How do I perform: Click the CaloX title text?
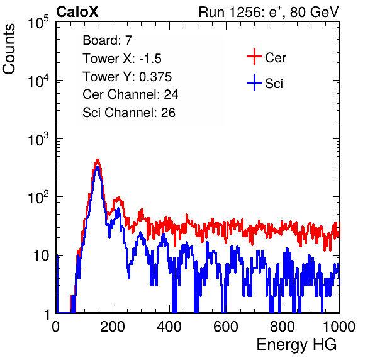[x=77, y=12]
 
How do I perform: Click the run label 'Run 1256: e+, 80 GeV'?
[x=269, y=12]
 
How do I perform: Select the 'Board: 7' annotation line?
[x=107, y=40]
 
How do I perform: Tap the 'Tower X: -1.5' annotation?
[x=122, y=59]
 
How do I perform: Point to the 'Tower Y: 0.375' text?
[x=127, y=77]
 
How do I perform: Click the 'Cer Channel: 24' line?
[x=130, y=94]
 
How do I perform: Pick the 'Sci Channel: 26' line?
[x=129, y=113]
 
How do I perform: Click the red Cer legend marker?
[x=254, y=57]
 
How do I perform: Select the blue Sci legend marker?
[x=254, y=83]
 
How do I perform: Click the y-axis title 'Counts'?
[x=9, y=49]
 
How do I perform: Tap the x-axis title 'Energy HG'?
[x=296, y=345]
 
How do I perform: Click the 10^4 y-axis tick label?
[x=38, y=81]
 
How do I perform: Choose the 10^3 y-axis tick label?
[x=38, y=139]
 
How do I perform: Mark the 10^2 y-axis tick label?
[x=38, y=198]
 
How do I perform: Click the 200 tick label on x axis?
[x=113, y=327]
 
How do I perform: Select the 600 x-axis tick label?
[x=226, y=327]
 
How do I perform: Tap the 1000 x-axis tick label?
[x=339, y=327]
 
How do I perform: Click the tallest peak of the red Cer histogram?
[x=98, y=160]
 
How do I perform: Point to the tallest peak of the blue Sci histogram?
[x=98, y=167]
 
